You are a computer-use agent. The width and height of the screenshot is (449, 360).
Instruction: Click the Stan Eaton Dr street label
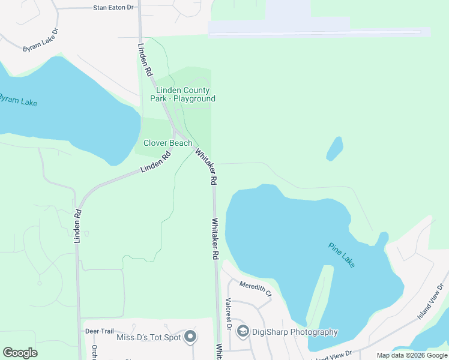113,8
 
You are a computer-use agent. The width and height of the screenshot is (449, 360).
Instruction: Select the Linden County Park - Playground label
182,95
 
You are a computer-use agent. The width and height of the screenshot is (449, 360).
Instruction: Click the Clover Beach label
167,143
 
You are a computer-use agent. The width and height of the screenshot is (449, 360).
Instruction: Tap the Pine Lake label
342,254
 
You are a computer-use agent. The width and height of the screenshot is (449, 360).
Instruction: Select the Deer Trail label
99,331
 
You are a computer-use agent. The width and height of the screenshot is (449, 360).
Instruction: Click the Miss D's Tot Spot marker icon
190,337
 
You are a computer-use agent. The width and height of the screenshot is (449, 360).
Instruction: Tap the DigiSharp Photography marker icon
243,331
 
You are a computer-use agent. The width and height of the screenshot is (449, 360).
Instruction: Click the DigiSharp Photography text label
295,332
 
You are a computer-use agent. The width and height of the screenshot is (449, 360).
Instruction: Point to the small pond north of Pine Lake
334,149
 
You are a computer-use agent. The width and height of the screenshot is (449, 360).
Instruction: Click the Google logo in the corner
20,353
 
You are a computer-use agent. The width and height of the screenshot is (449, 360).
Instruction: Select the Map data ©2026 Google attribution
412,355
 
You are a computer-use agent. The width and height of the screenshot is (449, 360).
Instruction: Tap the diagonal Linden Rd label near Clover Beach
155,162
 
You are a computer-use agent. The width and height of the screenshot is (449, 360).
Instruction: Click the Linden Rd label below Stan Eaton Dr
145,59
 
